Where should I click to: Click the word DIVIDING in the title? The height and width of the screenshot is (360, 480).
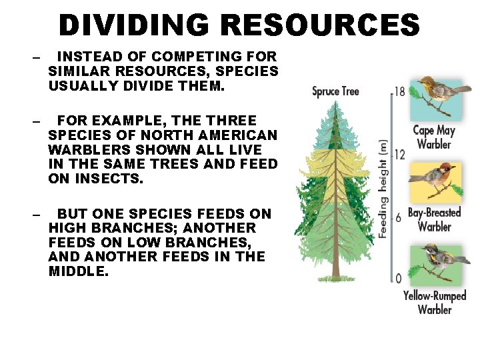tap(135, 25)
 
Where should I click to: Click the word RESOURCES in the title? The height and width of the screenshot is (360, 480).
tap(320, 25)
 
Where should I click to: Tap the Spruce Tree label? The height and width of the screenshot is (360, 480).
tap(336, 91)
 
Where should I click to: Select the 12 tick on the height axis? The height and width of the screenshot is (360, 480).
tap(399, 155)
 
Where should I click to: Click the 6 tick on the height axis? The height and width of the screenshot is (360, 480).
tap(399, 218)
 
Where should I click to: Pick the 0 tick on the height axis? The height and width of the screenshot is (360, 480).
tap(399, 279)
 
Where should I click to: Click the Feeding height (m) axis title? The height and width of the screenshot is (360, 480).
tap(383, 187)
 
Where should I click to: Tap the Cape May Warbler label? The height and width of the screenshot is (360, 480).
tap(434, 137)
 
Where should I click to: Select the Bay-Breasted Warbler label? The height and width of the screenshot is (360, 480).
tap(434, 219)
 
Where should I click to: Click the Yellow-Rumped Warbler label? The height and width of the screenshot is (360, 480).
tap(435, 302)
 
